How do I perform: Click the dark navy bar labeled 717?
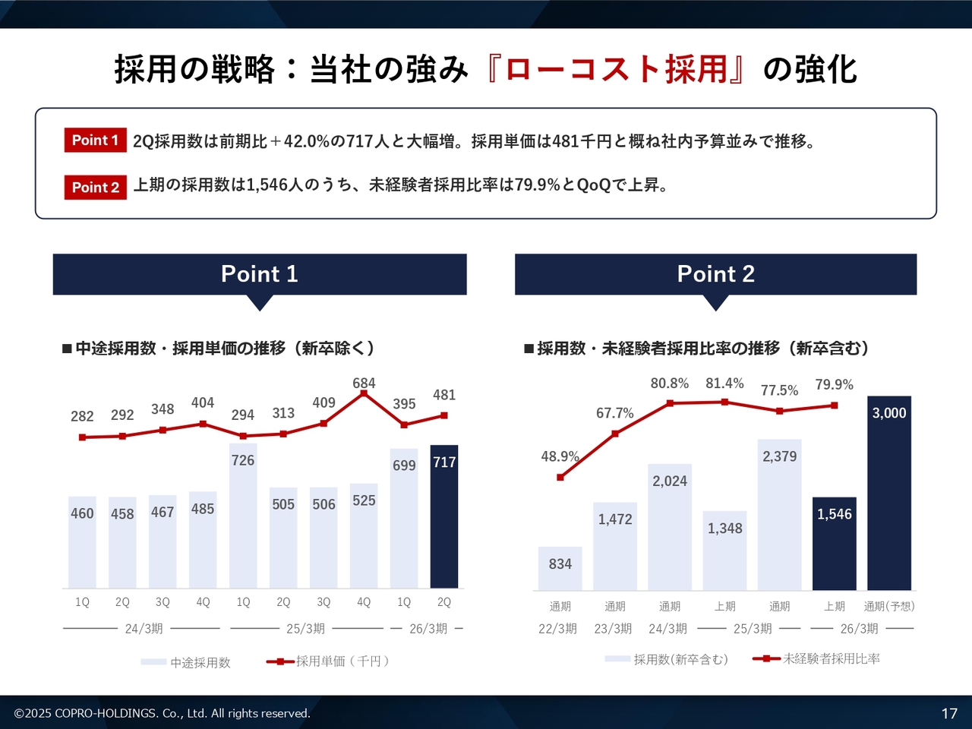(444, 516)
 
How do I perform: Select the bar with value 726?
(243, 516)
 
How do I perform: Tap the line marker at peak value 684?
(364, 393)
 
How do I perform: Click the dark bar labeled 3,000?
(889, 494)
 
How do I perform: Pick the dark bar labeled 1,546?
(835, 543)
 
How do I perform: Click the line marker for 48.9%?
(560, 478)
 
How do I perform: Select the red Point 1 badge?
(95, 140)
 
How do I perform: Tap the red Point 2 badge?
(95, 188)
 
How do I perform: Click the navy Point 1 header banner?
(260, 274)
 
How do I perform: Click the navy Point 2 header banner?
(715, 274)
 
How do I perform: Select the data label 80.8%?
(670, 383)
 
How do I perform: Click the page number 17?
(949, 713)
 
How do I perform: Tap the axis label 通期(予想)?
(889, 606)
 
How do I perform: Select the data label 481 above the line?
(444, 395)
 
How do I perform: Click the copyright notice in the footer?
(163, 713)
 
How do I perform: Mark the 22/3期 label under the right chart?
(558, 629)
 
